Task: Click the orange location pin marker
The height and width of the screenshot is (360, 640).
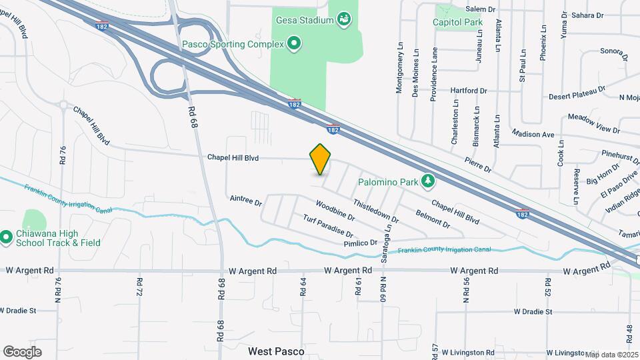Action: (321, 159)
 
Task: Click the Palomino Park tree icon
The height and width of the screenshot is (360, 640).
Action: (429, 181)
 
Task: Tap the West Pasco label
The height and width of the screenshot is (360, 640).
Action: (276, 351)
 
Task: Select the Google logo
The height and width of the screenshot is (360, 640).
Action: (23, 351)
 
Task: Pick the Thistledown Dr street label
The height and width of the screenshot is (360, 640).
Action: (376, 211)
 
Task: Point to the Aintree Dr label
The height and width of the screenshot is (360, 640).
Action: (246, 200)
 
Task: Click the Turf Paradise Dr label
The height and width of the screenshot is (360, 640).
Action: (327, 227)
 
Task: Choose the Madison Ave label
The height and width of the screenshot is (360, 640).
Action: (534, 134)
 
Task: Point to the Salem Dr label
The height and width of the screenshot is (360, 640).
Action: (481, 9)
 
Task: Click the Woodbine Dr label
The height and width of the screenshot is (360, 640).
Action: (335, 210)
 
